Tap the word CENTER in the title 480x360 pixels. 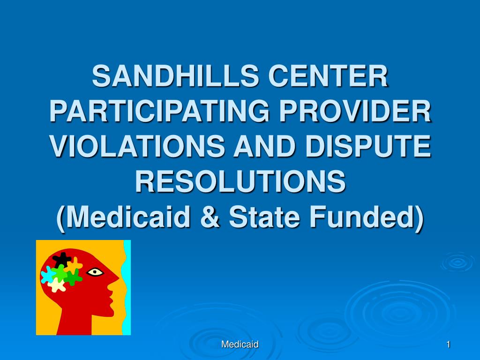click(x=329, y=75)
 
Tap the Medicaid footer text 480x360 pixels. click(x=240, y=345)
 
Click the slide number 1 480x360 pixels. click(x=449, y=345)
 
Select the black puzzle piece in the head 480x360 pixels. click(x=62, y=259)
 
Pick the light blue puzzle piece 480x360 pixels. click(x=47, y=275)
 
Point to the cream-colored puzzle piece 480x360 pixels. click(x=57, y=285)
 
